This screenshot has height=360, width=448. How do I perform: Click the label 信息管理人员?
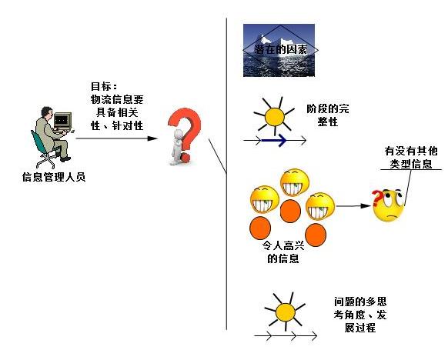[x=54, y=177]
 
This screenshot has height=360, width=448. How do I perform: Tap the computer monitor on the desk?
[x=62, y=121]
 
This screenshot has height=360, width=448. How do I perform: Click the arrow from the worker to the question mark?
[x=117, y=138]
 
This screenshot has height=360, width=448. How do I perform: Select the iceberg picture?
[x=279, y=50]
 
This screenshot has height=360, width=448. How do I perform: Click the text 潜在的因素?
[x=280, y=50]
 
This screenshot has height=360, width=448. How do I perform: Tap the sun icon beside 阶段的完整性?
[x=274, y=116]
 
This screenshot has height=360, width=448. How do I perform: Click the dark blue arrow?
[x=274, y=140]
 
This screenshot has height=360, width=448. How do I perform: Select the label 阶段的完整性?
[x=328, y=115]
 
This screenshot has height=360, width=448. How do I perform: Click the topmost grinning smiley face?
[x=295, y=183]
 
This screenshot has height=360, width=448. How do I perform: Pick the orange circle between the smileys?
[x=290, y=211]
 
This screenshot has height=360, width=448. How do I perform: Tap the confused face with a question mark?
[x=388, y=205]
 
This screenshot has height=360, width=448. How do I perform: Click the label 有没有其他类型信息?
[x=411, y=157]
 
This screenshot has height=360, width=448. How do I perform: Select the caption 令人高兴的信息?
[x=283, y=252]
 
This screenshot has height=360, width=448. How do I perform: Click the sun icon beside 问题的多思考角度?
[x=285, y=312]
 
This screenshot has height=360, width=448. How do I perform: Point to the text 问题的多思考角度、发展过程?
[x=360, y=315]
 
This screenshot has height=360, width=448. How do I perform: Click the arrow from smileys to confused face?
[x=353, y=206]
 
